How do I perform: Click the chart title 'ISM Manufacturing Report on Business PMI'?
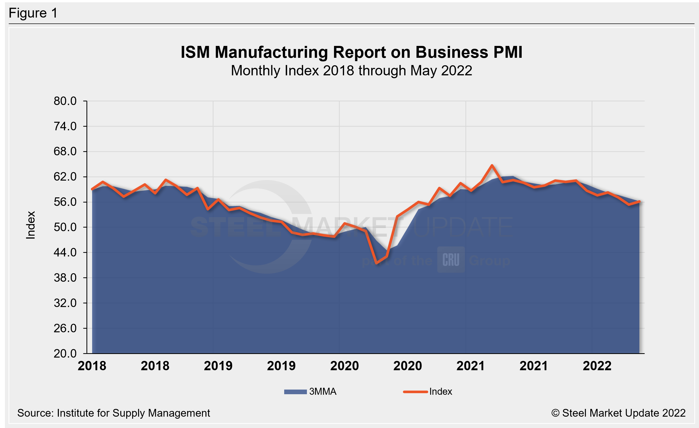point(351,52)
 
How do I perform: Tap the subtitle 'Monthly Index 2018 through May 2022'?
point(351,71)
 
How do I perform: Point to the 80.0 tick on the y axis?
point(65,101)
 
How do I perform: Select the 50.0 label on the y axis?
point(65,227)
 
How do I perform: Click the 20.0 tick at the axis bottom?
point(65,353)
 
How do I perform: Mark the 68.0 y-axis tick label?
point(65,151)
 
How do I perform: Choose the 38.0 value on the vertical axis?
point(65,278)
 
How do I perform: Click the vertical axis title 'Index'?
point(31,225)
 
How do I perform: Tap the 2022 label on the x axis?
point(597,366)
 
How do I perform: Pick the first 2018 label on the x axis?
point(92,366)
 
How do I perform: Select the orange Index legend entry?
point(428,392)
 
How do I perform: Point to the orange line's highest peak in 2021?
point(492,165)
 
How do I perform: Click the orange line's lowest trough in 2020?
point(376,263)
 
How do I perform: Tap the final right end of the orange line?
point(639,201)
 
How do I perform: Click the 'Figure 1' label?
point(33,13)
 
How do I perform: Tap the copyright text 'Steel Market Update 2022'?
point(623,413)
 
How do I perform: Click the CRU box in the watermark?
point(451,260)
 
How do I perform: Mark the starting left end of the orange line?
point(92,189)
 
